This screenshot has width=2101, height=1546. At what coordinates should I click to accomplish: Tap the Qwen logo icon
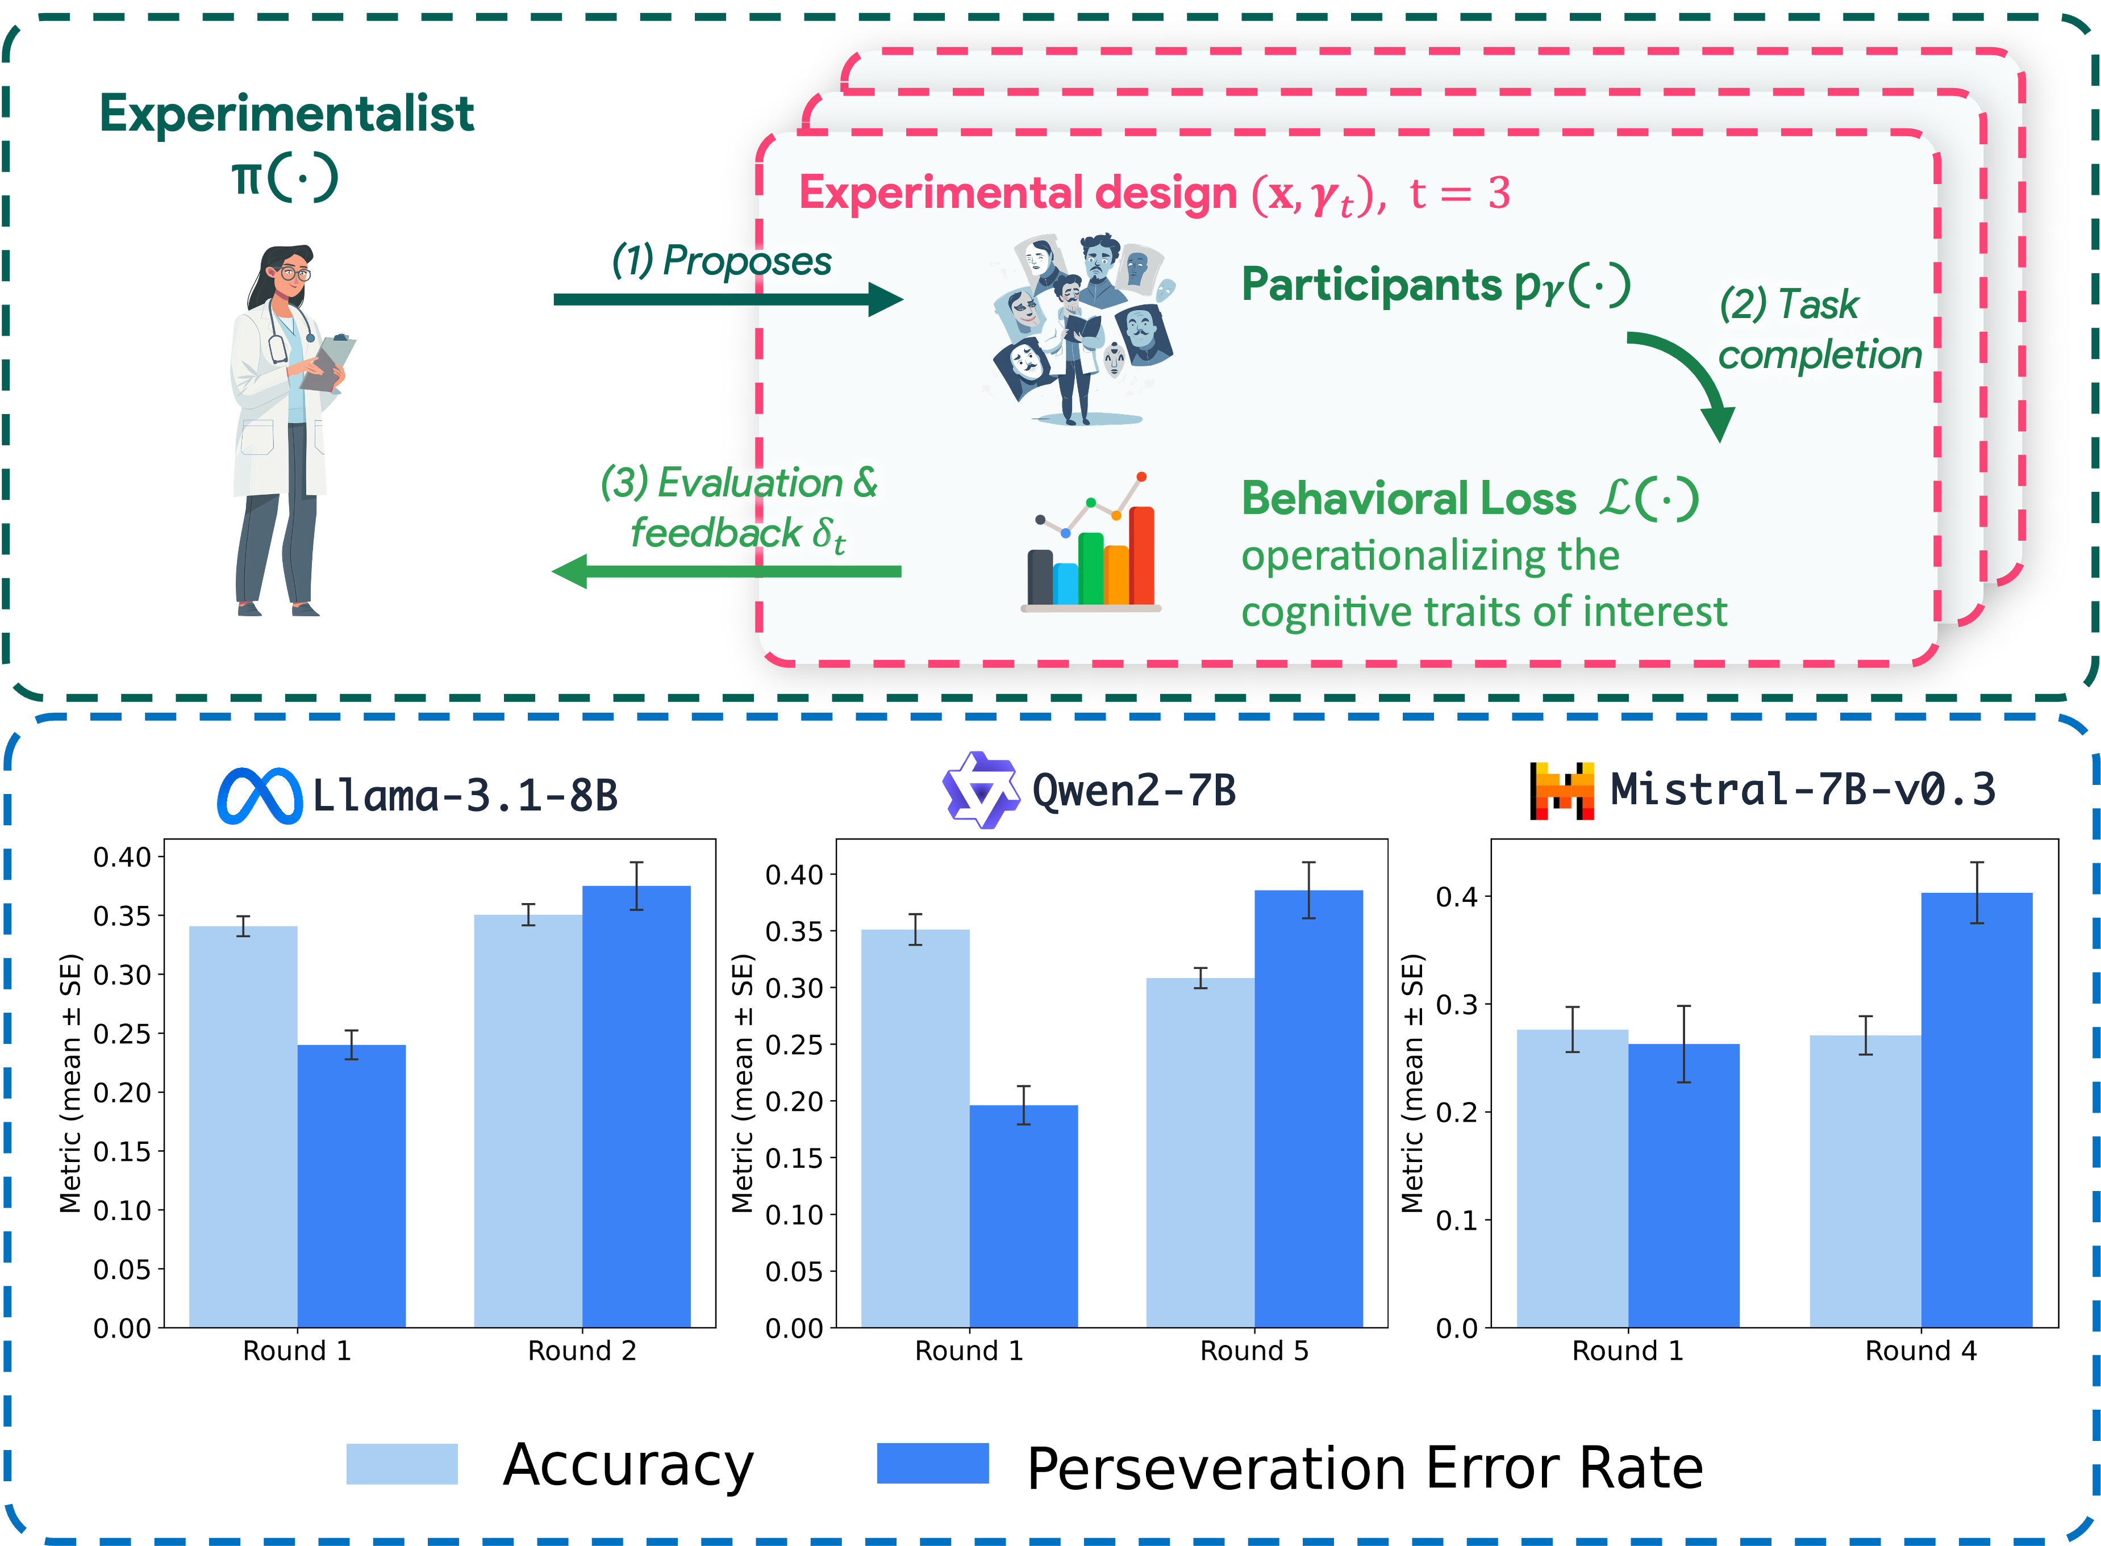pos(980,791)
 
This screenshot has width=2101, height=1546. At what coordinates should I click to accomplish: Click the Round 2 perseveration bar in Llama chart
pos(636,1104)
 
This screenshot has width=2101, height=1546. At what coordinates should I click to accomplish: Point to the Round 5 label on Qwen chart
pos(1253,1351)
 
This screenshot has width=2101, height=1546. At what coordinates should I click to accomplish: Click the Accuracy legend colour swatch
pos(402,1464)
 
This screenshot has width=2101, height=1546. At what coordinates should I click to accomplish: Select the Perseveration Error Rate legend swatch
pos(932,1464)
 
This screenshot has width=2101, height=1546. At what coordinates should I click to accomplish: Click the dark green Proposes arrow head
pos(885,299)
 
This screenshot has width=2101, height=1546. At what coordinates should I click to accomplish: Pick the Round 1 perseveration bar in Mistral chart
pos(1683,1184)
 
